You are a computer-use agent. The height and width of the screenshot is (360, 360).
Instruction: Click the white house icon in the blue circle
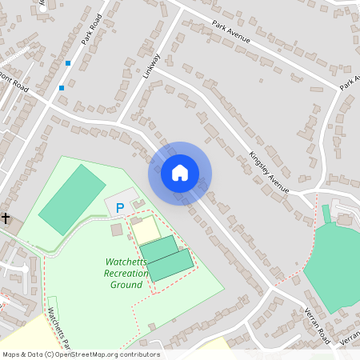click(x=179, y=173)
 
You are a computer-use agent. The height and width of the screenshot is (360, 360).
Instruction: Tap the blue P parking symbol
click(x=120, y=209)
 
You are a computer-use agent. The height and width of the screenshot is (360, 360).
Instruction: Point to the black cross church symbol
click(x=6, y=218)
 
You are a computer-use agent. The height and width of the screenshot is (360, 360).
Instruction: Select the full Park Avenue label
click(x=232, y=33)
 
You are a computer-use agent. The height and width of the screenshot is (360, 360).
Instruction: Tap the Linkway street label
click(x=153, y=66)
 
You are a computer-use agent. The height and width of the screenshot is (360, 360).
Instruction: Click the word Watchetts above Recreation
click(x=127, y=262)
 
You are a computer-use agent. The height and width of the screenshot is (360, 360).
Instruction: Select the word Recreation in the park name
click(x=126, y=274)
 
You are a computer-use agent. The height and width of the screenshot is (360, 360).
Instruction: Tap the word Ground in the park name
click(x=126, y=285)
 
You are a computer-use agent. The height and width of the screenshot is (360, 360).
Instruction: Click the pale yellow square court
click(x=146, y=230)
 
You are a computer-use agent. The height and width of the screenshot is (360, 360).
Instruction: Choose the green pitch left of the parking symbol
click(x=72, y=200)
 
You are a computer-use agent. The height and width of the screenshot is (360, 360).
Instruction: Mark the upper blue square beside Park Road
click(x=68, y=63)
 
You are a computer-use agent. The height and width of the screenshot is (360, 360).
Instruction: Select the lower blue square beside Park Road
click(x=62, y=88)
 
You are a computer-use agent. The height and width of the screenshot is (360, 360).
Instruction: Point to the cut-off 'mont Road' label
click(x=14, y=83)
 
